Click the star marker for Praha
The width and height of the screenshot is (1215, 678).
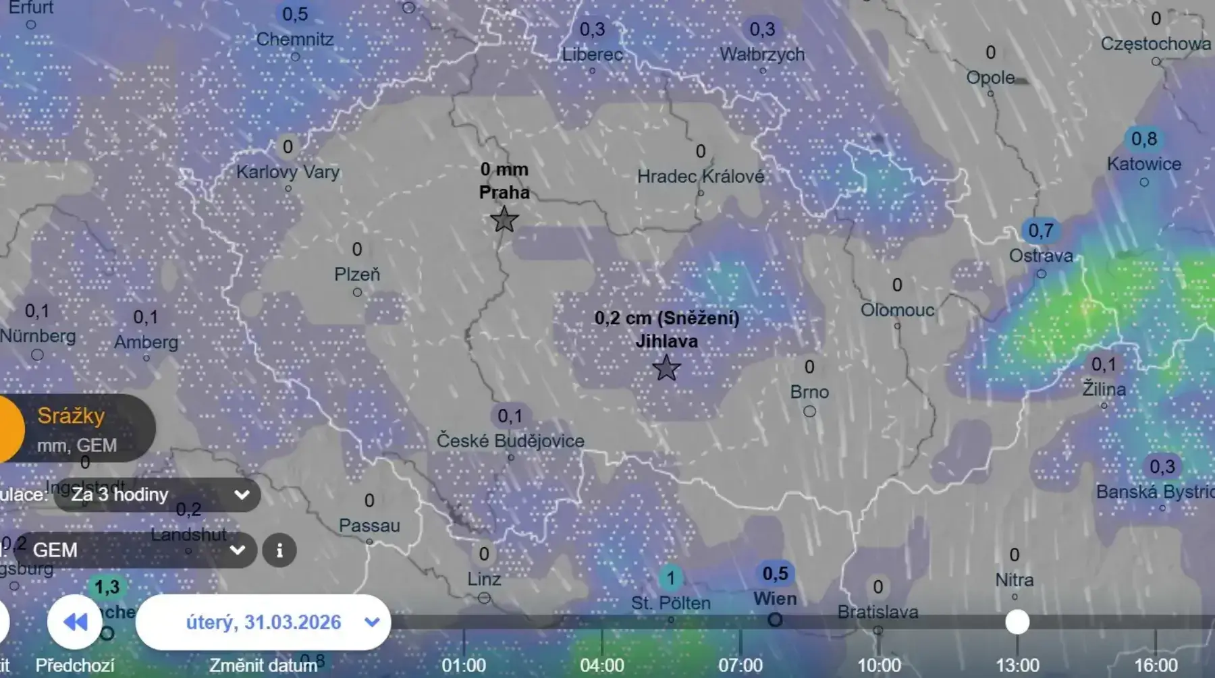pyautogui.click(x=504, y=220)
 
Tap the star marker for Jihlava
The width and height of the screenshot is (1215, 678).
pyautogui.click(x=666, y=368)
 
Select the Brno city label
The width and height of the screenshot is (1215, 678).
pyautogui.click(x=809, y=392)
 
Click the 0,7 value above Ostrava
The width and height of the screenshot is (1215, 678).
pyautogui.click(x=1040, y=231)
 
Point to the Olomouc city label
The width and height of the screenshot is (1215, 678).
pyautogui.click(x=897, y=310)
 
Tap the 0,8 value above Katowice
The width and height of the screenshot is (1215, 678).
pyautogui.click(x=1143, y=139)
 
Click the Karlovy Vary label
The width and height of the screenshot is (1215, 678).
pyautogui.click(x=288, y=172)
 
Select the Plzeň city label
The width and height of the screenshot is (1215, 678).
pyautogui.click(x=357, y=275)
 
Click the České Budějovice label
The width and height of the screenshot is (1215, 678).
pyautogui.click(x=510, y=441)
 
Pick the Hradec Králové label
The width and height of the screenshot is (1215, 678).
pyautogui.click(x=701, y=177)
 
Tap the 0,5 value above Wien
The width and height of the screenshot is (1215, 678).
pyautogui.click(x=775, y=574)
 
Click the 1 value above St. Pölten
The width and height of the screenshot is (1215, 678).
pyautogui.click(x=670, y=578)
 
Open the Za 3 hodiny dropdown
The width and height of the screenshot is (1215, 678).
pyautogui.click(x=157, y=495)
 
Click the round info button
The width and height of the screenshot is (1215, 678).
pyautogui.click(x=279, y=550)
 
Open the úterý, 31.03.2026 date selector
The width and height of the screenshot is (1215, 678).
pyautogui.click(x=264, y=622)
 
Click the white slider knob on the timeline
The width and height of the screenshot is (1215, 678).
pyautogui.click(x=1017, y=622)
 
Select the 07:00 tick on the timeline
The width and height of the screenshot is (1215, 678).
pyautogui.click(x=740, y=665)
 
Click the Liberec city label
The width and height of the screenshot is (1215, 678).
pyautogui.click(x=592, y=55)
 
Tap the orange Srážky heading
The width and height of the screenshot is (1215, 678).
pyautogui.click(x=71, y=416)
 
